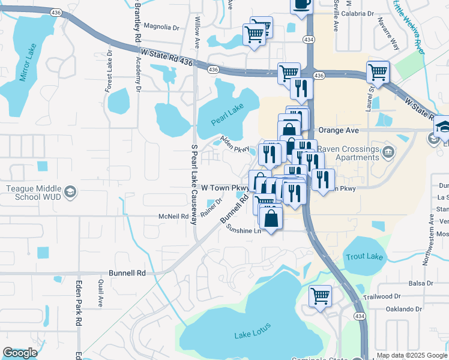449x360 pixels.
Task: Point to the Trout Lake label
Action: pyautogui.click(x=364, y=257)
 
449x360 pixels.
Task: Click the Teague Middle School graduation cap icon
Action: pyautogui.click(x=71, y=192)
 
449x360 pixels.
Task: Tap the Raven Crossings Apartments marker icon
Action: pyautogui.click(x=388, y=153)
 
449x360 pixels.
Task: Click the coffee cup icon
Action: pyautogui.click(x=301, y=4)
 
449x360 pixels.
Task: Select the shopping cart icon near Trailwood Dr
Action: pyautogui.click(x=320, y=295)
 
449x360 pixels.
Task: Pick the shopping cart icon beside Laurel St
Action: pyautogui.click(x=378, y=73)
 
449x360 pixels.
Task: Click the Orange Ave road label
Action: pyautogui.click(x=339, y=130)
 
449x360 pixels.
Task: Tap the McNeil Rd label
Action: pyautogui.click(x=174, y=216)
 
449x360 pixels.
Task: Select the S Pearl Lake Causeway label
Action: pyautogui.click(x=194, y=184)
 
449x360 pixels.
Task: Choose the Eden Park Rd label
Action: pyautogui.click(x=79, y=303)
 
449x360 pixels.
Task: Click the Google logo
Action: pyautogui.click(x=20, y=353)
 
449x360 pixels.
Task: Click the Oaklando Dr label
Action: pyautogui.click(x=402, y=309)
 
